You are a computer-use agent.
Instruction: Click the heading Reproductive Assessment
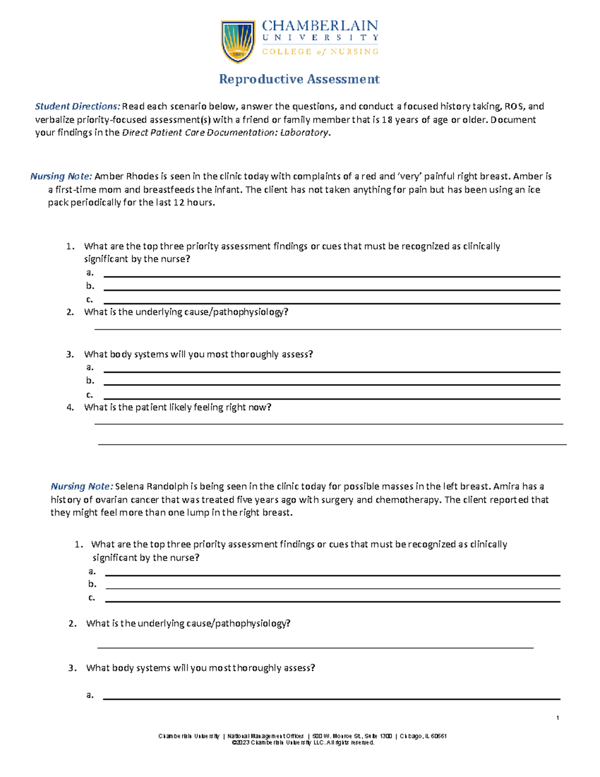(x=299, y=79)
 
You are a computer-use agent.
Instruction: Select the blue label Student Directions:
(x=77, y=107)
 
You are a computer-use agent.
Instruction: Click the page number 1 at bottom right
(x=557, y=718)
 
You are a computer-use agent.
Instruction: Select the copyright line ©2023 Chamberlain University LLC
(x=303, y=743)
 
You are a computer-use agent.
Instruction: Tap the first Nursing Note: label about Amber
(x=61, y=177)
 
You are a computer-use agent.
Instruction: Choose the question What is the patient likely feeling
(x=177, y=407)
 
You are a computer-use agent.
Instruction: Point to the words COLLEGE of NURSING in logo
(x=320, y=52)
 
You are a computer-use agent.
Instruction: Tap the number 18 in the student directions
(x=387, y=120)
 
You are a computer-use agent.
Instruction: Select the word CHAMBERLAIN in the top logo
(x=320, y=26)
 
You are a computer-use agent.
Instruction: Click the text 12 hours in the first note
(x=193, y=203)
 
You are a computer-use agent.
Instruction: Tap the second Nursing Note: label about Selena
(x=81, y=486)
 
